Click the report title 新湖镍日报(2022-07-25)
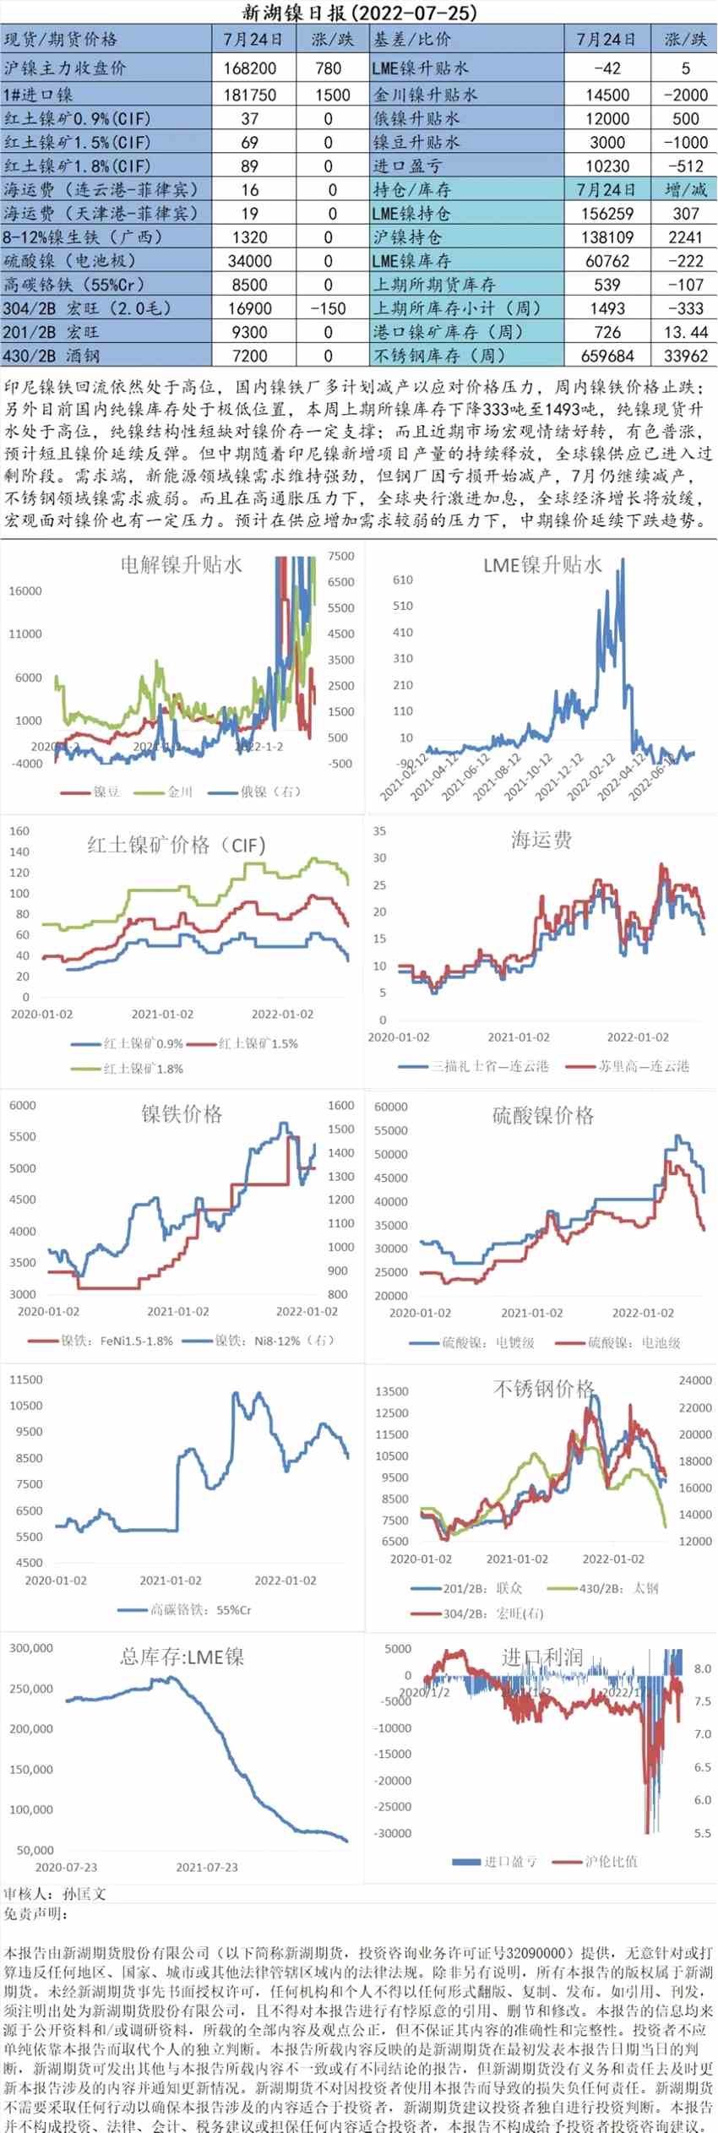[359, 13]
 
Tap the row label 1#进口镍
[39, 95]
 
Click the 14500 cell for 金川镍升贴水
[606, 95]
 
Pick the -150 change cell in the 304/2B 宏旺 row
[328, 308]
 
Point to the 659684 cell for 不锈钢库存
[606, 356]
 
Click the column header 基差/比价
[413, 40]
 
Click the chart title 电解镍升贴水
[181, 564]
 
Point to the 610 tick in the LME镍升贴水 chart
[403, 580]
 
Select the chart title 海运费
[541, 839]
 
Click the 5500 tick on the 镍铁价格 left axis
[23, 1136]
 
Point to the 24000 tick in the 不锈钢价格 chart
[695, 1380]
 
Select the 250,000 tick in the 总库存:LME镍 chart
[31, 1689]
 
